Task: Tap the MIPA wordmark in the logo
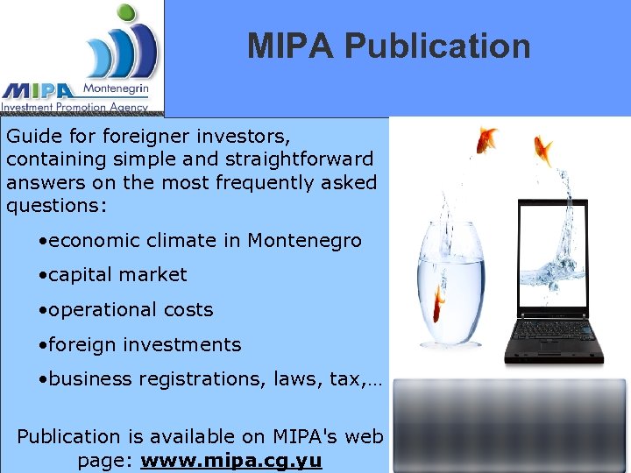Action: click(x=39, y=90)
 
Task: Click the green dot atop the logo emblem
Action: click(x=128, y=14)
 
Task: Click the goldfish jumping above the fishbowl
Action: click(x=485, y=138)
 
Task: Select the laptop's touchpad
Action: click(x=555, y=353)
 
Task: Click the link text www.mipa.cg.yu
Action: click(x=231, y=460)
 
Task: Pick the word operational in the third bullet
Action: click(x=96, y=310)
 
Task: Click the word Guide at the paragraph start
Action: click(x=29, y=137)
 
